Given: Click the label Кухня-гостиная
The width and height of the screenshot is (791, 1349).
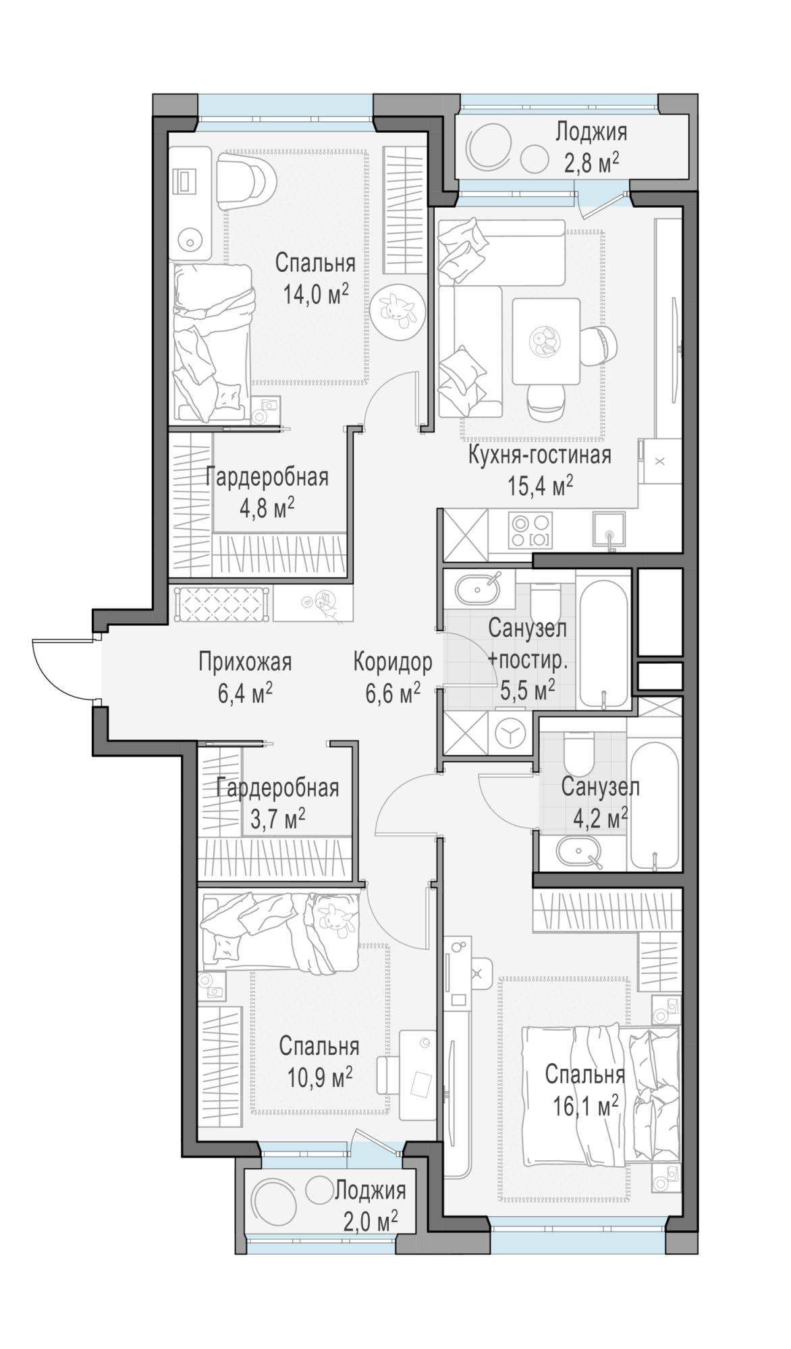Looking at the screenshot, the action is click(540, 455).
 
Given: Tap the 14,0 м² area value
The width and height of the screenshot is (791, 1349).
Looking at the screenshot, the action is click(316, 294).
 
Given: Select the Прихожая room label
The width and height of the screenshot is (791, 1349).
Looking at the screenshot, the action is click(245, 662).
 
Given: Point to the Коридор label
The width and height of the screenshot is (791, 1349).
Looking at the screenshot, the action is click(393, 662).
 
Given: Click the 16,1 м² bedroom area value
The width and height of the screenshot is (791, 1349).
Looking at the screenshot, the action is click(585, 1106).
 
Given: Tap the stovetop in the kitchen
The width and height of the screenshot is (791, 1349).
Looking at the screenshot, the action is click(531, 531).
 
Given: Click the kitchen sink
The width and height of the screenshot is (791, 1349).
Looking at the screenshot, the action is click(609, 531).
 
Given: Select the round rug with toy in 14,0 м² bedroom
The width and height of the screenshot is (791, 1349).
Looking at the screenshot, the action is click(397, 308).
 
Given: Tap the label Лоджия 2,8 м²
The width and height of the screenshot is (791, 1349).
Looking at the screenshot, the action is click(591, 146).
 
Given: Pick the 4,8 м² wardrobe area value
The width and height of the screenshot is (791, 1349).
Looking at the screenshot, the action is click(267, 507).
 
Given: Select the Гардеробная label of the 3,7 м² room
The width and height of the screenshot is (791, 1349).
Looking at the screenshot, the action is click(277, 787).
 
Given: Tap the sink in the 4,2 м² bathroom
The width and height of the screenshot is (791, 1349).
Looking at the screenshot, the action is click(580, 852).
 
